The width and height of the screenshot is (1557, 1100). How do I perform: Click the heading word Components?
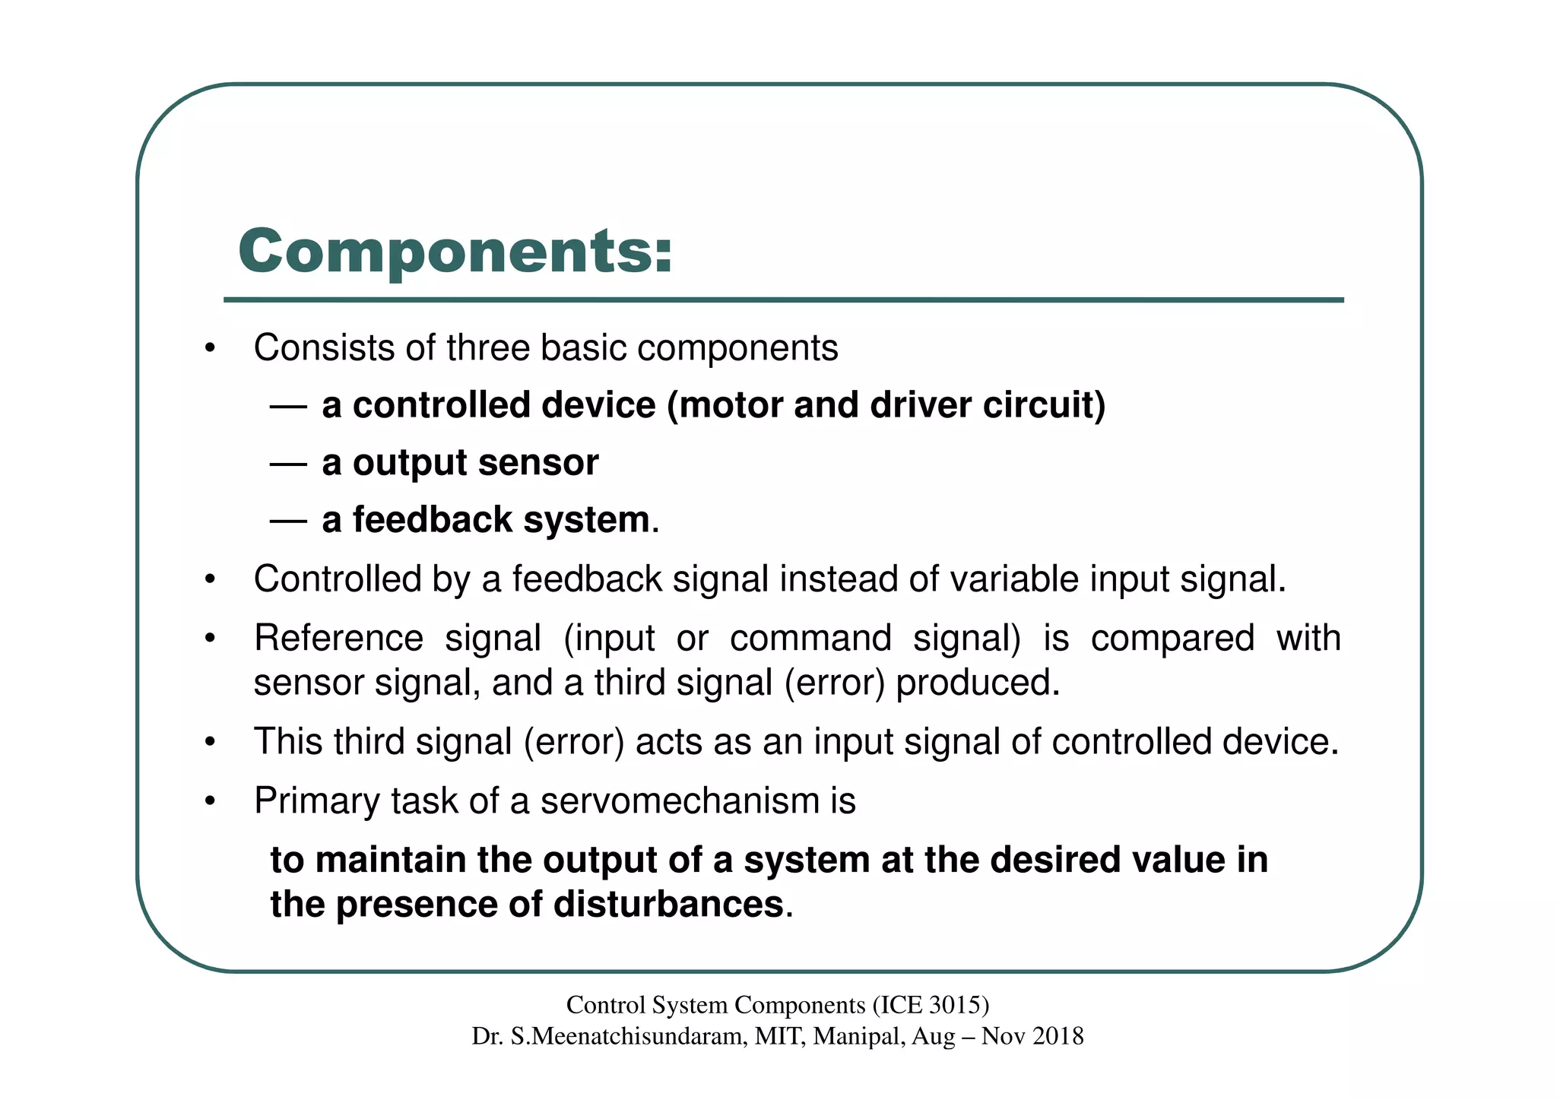click(455, 252)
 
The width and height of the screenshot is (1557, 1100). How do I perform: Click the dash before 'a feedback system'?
click(288, 521)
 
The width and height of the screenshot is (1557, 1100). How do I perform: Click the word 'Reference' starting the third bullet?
click(338, 638)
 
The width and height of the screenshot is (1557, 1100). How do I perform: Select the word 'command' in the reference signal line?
click(810, 638)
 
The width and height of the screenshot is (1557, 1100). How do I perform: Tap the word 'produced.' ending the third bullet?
click(978, 683)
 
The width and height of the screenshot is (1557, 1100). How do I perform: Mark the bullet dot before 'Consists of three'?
click(211, 350)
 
